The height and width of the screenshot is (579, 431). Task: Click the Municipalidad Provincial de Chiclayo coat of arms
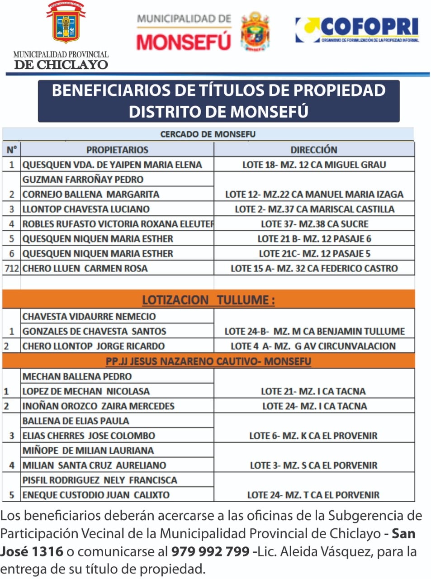click(x=66, y=23)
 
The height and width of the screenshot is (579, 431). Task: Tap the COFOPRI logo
click(x=357, y=30)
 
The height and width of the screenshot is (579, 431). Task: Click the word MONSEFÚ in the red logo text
click(x=184, y=42)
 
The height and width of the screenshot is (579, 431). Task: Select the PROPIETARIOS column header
click(x=117, y=150)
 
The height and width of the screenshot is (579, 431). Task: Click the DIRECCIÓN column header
click(x=314, y=150)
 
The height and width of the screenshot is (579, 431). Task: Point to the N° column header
click(x=12, y=150)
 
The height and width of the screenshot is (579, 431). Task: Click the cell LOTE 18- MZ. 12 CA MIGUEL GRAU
click(x=314, y=165)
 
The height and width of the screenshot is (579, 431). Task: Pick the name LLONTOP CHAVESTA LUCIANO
click(x=86, y=209)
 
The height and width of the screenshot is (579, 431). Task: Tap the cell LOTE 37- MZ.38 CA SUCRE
click(x=314, y=224)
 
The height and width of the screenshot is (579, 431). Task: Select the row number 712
click(x=12, y=268)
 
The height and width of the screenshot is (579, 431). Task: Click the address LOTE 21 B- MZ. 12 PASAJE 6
click(x=314, y=239)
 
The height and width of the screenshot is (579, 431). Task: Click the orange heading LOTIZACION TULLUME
click(x=208, y=300)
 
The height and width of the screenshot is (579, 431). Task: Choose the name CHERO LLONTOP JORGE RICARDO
click(x=94, y=346)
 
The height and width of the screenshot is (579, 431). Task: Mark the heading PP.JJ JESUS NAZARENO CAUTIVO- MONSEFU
click(x=208, y=361)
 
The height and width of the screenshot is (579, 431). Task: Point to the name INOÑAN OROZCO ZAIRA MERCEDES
click(x=98, y=406)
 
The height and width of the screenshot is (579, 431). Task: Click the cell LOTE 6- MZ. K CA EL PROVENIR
click(x=313, y=436)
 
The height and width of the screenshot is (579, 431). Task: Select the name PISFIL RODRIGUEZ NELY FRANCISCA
click(x=99, y=480)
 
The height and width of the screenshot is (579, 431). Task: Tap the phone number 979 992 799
click(x=210, y=551)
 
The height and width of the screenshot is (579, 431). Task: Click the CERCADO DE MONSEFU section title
click(x=208, y=134)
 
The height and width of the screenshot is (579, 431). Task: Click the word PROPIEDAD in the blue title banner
click(x=339, y=90)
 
